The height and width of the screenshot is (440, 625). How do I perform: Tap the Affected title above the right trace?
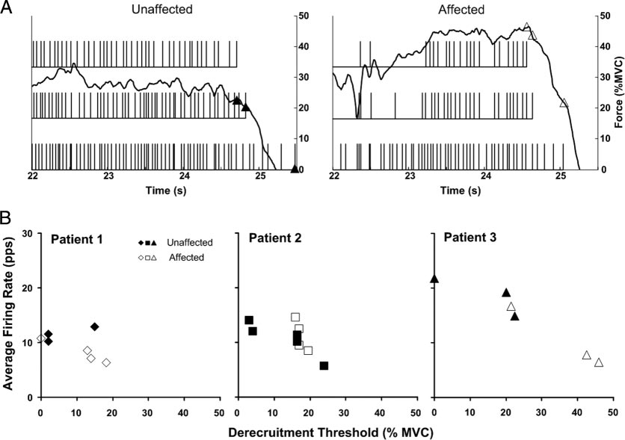(x=461, y=10)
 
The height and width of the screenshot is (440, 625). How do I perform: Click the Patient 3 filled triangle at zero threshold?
(x=434, y=279)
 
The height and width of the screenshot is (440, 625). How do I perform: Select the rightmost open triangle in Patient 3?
(x=598, y=362)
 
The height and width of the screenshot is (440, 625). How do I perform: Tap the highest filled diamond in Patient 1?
(x=94, y=326)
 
